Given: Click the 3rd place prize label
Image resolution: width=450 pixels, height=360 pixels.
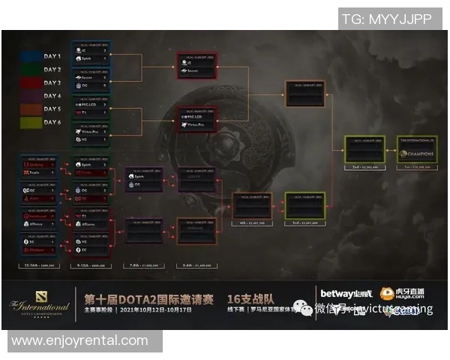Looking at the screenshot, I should coord(304,223).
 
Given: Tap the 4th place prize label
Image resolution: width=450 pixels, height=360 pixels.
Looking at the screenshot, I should coord(251,223).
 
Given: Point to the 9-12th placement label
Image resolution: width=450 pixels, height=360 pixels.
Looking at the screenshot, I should coord(91,265).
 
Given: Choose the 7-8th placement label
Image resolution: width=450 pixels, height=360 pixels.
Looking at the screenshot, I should coord(144,265).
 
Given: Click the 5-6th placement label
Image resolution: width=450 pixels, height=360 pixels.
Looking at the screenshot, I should coord(196,265).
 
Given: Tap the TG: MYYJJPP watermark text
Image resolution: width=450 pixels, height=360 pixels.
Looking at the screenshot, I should coord(387,19).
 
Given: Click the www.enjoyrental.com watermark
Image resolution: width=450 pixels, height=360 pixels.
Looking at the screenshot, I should coord(80,341).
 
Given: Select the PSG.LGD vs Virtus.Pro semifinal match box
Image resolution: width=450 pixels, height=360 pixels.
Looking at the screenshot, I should coord(196,120).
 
